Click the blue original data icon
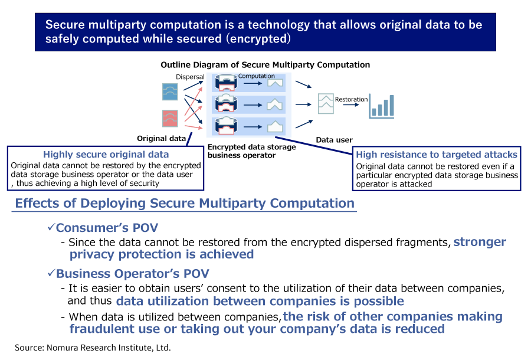pos(170,91)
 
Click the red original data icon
pos(170,118)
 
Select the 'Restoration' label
pos(351,99)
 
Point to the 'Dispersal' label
pos(190,77)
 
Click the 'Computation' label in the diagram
pos(257,76)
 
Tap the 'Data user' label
pos(334,140)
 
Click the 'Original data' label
pos(161,138)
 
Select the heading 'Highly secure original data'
pos(106,155)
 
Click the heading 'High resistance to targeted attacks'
pos(437,155)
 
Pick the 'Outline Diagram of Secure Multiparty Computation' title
pos(265,65)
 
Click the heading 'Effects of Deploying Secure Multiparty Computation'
pos(185,204)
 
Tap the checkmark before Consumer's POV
pos(51,227)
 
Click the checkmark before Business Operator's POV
pos(51,274)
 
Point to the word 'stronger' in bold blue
pos(480,242)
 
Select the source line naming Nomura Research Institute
pos(93,348)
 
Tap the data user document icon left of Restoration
pos(325,103)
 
